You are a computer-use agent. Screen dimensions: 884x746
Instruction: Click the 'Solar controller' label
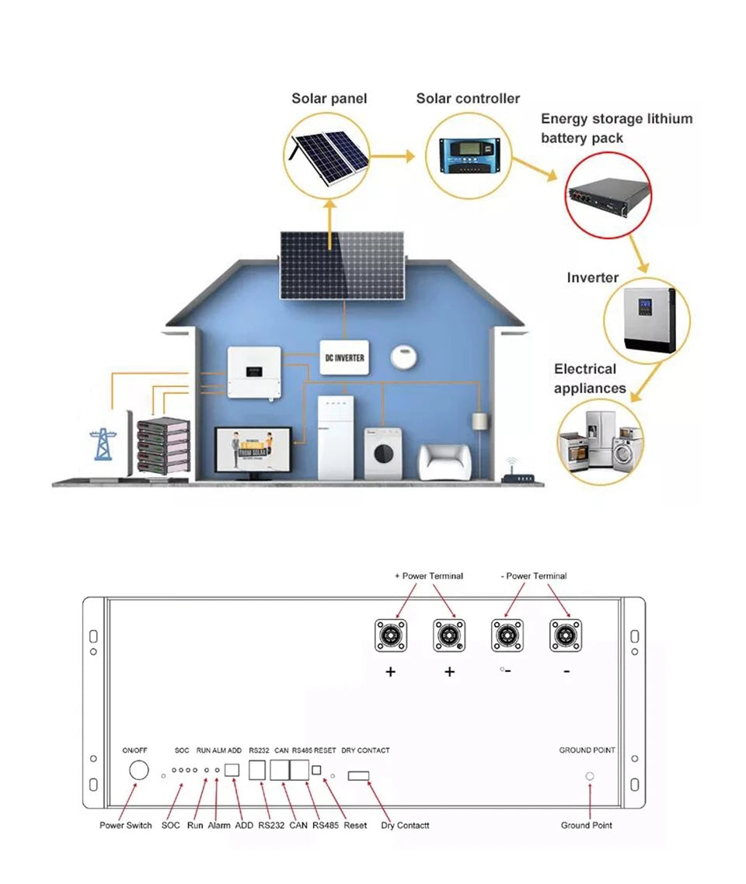pos(468,99)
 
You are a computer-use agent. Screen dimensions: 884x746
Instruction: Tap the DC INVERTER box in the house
pos(344,357)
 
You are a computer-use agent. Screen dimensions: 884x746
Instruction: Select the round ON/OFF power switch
pos(138,771)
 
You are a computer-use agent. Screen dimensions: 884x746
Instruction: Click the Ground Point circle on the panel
pos(589,776)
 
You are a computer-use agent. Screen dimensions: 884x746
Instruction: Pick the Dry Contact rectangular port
pos(359,775)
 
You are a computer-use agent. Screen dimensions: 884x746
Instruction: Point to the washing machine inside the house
pos(382,453)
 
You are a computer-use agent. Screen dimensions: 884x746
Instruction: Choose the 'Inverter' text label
pos(592,278)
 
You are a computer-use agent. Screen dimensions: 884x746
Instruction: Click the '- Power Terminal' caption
pos(534,576)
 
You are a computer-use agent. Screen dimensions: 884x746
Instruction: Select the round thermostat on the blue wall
pos(405,357)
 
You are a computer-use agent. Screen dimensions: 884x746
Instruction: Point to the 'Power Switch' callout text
pos(126,825)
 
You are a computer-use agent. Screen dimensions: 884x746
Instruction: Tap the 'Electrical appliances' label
pos(590,378)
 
